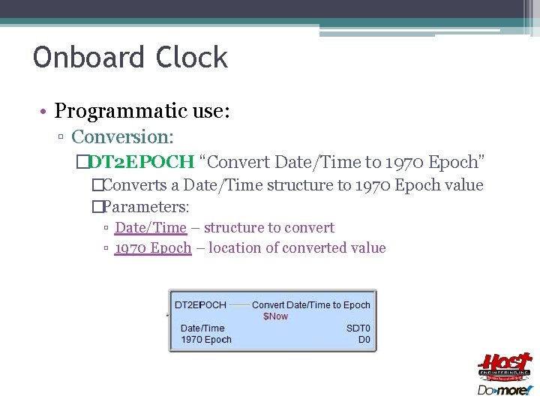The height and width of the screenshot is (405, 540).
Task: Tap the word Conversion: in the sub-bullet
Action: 122,137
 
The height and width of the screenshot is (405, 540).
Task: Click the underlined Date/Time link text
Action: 150,228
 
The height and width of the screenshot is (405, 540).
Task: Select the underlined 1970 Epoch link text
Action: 153,248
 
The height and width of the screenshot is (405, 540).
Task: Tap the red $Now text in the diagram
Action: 275,316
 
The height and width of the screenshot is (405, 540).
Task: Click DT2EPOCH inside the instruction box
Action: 200,305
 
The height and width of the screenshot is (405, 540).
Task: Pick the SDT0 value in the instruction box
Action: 358,328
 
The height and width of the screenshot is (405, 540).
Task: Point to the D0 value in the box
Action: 364,340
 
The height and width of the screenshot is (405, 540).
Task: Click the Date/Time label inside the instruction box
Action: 202,328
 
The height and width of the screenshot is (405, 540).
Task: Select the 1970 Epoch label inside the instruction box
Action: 206,340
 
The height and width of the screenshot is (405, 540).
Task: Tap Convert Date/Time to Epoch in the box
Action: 311,305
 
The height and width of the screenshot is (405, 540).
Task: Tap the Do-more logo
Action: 504,390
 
